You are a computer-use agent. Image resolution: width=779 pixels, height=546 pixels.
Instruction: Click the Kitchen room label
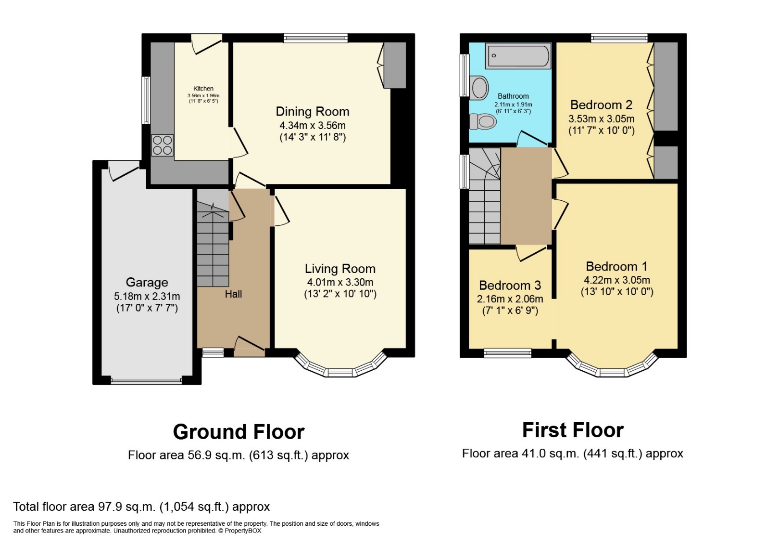(x=203, y=89)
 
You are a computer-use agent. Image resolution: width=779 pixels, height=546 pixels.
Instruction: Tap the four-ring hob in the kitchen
(x=163, y=145)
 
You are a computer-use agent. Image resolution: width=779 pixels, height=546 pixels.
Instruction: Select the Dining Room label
(x=312, y=112)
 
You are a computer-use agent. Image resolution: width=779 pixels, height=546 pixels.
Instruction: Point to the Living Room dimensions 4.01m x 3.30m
(x=340, y=282)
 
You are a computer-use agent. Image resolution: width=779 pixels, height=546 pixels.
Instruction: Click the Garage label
(x=147, y=283)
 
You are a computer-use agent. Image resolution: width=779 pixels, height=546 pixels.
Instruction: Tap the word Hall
(x=233, y=294)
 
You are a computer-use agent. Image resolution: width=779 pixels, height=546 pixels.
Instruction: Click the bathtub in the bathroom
(x=518, y=56)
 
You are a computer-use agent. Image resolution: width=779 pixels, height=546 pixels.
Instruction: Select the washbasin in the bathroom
(x=479, y=88)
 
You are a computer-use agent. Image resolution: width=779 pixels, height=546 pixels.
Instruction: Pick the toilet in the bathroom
(x=483, y=121)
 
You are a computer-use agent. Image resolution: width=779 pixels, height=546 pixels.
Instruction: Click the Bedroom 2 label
(x=601, y=105)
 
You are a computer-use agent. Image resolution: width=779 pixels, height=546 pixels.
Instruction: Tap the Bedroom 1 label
(x=616, y=266)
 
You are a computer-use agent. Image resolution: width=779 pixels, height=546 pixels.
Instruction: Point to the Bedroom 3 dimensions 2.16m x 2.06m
(x=510, y=299)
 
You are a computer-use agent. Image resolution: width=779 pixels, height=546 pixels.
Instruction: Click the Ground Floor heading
(x=239, y=432)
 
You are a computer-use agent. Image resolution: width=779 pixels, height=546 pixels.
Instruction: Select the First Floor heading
(x=573, y=430)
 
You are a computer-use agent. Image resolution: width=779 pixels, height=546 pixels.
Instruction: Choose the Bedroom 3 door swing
(x=531, y=252)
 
